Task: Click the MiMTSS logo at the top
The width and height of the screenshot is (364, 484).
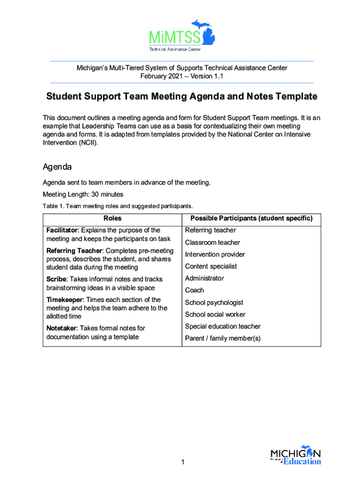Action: [x=182, y=35]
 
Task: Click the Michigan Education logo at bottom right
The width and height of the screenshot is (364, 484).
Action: [x=295, y=456]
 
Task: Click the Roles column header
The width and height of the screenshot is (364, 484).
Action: [x=113, y=218]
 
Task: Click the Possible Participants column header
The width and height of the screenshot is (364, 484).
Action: [x=251, y=218]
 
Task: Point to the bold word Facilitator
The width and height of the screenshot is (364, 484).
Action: [x=61, y=230]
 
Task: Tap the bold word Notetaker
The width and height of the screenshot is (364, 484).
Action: [x=62, y=328]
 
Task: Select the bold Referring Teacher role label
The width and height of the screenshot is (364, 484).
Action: [x=73, y=251]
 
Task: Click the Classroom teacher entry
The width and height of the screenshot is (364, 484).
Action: [x=212, y=242]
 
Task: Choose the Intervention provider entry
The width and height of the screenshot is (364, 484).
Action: [x=215, y=254]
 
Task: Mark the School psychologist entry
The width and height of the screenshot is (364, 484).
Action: [x=214, y=302]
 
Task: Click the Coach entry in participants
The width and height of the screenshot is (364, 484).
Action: [x=194, y=290]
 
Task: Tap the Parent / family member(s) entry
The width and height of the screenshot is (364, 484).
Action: [x=223, y=338]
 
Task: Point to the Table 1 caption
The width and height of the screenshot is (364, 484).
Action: [x=118, y=206]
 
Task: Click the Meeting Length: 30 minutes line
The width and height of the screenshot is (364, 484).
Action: [x=83, y=194]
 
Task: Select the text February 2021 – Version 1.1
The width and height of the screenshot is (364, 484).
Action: [x=182, y=76]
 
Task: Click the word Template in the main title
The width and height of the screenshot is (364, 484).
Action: [x=296, y=97]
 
